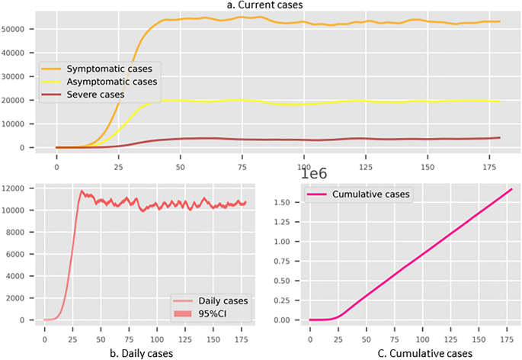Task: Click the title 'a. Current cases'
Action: (x=261, y=6)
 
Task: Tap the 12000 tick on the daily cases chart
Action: (x=14, y=188)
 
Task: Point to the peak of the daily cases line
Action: (x=82, y=191)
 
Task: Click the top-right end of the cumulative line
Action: (x=511, y=189)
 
